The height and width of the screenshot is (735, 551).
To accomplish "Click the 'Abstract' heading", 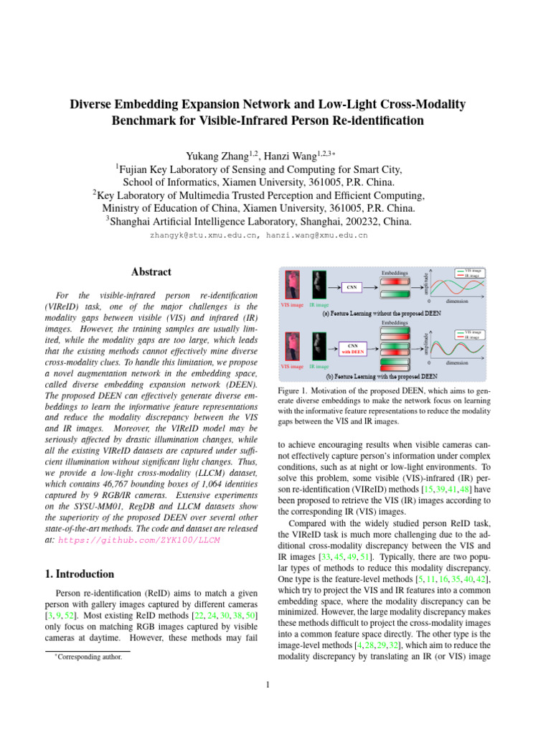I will point(151,272).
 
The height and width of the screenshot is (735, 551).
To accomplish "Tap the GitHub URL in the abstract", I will point(138,539).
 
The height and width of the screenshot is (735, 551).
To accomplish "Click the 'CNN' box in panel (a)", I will point(352,286).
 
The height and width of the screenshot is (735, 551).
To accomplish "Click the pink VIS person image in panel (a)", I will point(292,285).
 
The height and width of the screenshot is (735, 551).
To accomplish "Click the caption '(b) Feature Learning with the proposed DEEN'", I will point(381,375).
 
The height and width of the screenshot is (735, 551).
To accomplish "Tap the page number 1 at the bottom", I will point(267,684).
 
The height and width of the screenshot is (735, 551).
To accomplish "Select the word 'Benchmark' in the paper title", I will point(143,121).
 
